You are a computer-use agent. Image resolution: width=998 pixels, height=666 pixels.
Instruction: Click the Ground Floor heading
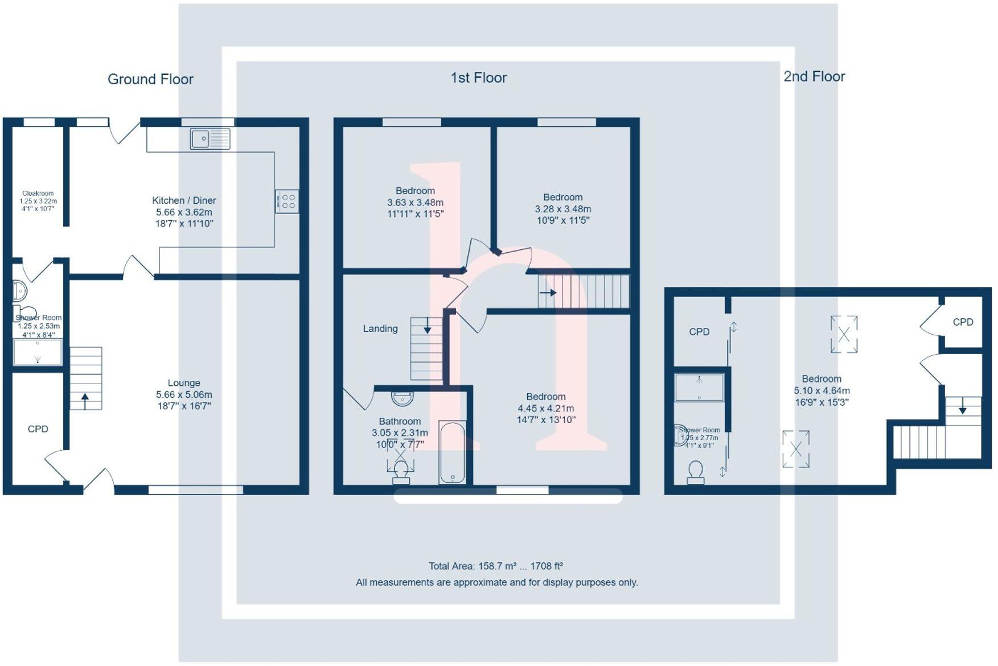[150, 79]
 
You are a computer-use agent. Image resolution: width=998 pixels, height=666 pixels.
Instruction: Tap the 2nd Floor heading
[814, 76]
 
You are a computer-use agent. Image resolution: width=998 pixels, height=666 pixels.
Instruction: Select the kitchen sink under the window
[210, 138]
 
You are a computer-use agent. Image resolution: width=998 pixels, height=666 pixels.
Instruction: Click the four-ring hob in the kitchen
[287, 201]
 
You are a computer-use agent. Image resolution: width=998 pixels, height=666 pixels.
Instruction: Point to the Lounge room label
[184, 383]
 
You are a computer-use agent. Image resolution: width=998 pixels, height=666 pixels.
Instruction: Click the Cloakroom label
[38, 194]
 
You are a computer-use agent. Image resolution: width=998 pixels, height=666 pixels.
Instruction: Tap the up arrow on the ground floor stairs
[85, 400]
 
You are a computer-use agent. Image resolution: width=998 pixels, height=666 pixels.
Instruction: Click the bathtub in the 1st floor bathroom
[453, 453]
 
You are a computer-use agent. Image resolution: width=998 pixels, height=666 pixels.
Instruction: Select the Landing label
[380, 328]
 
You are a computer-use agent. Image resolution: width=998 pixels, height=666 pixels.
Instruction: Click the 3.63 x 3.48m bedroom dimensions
[415, 203]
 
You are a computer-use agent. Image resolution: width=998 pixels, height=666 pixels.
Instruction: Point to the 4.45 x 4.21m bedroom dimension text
[545, 408]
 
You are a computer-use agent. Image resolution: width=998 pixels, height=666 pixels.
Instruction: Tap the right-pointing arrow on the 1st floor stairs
[548, 293]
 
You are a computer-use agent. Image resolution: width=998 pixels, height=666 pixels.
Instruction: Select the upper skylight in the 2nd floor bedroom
[844, 335]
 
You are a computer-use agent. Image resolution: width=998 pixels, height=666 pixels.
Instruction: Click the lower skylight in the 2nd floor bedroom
[796, 449]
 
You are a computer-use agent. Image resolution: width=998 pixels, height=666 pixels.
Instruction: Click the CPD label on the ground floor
[38, 429]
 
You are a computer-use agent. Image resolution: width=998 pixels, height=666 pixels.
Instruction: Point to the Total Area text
[495, 566]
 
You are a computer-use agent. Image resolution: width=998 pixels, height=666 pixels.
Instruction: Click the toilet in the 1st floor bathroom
[401, 471]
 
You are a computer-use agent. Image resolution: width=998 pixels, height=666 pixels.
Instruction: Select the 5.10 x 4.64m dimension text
[822, 390]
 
